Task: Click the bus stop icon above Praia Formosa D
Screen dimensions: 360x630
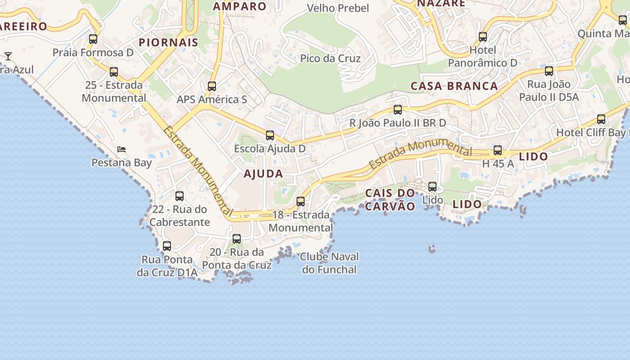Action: point(93,39)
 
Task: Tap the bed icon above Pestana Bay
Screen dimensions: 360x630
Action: point(121,149)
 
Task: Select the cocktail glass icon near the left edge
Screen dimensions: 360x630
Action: point(8,56)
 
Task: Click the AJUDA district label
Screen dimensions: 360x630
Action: point(263,174)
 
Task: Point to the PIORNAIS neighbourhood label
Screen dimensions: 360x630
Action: point(168,43)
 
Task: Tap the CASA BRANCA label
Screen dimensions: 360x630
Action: point(454,86)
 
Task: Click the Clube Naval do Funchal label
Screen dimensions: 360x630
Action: point(329,263)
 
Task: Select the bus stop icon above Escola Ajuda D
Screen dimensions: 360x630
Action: point(270,135)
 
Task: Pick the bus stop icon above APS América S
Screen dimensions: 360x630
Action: point(212,86)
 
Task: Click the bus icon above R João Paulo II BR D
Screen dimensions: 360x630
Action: point(398,110)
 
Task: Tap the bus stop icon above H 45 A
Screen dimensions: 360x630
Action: point(498,150)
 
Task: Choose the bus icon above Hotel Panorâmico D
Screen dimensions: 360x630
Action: point(483,37)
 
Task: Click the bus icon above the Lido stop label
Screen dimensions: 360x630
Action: point(432,186)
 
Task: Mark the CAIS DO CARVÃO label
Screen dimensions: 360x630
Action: point(390,200)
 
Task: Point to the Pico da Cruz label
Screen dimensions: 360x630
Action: point(330,58)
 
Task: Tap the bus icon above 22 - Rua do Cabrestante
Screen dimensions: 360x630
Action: point(180,196)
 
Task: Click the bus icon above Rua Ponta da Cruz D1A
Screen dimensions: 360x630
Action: point(167,246)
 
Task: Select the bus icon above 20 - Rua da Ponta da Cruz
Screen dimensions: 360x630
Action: point(237,239)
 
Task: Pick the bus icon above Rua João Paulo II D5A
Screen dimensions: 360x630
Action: point(549,71)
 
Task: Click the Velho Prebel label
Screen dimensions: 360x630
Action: point(337,8)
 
